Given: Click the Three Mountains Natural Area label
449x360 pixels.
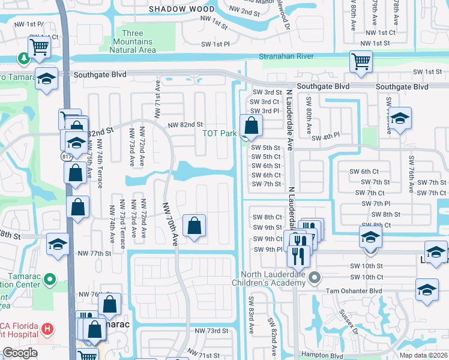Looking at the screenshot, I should [x=139, y=41].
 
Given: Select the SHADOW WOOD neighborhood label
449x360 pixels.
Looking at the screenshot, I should [x=181, y=9].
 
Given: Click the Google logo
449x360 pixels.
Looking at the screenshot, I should [x=20, y=353].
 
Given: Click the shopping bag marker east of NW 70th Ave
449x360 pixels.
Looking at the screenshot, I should [x=194, y=226].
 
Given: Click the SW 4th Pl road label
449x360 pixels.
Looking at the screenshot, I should [x=326, y=138].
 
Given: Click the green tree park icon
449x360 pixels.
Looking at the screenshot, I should [x=24, y=59].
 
